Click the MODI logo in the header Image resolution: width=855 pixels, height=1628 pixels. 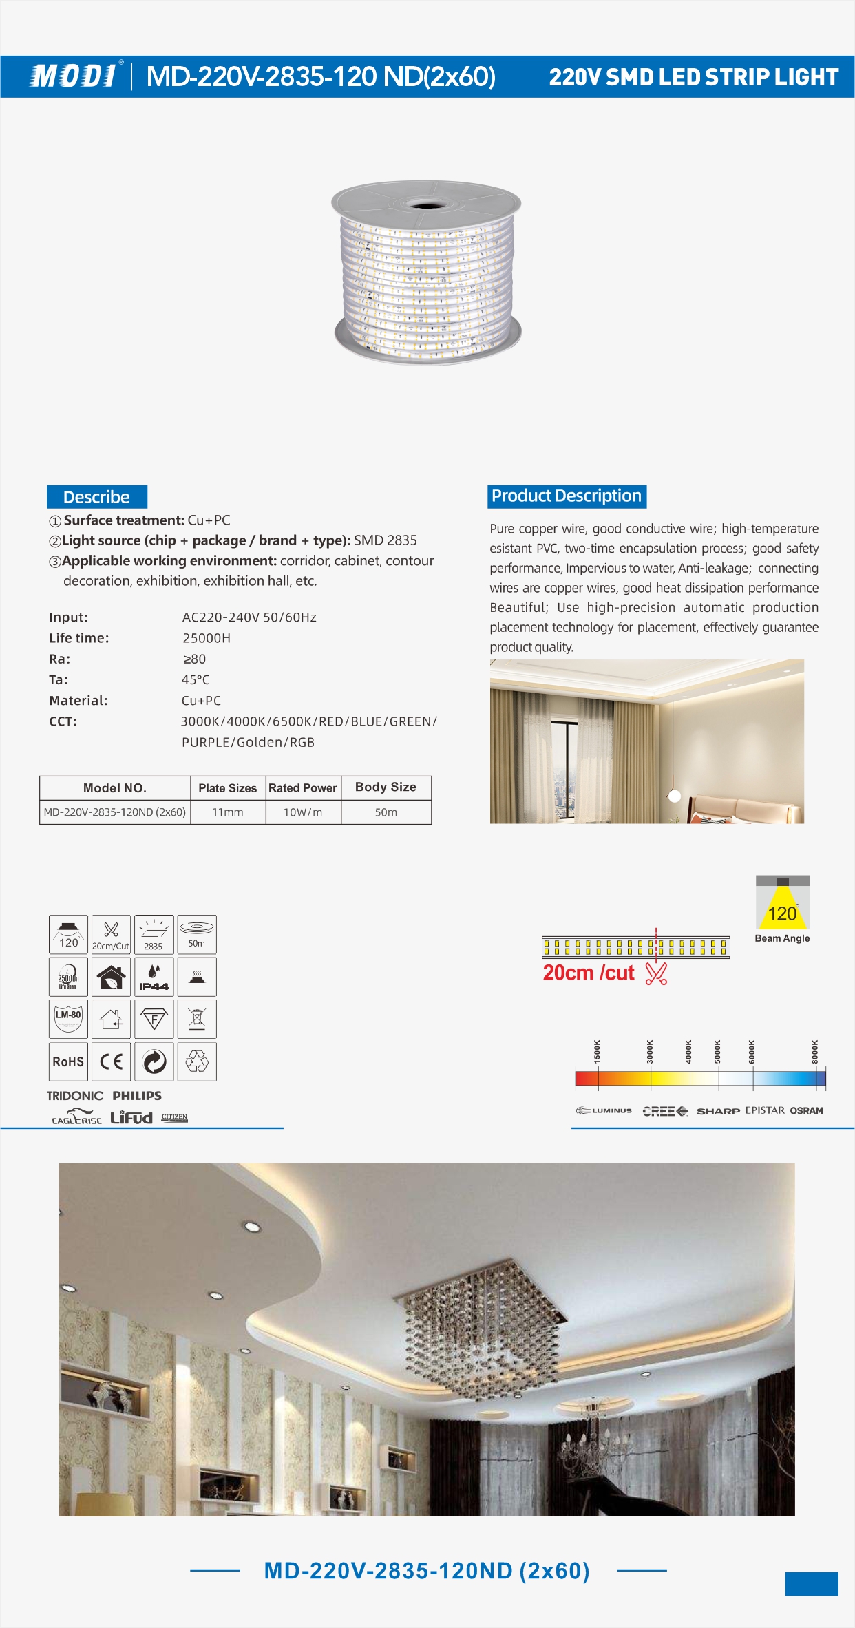point(73,76)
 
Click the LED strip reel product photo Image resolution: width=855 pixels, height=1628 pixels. point(427,273)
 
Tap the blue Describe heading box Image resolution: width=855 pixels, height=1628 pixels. point(96,497)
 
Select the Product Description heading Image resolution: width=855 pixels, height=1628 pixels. point(567,496)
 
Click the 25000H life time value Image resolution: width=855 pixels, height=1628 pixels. point(207,638)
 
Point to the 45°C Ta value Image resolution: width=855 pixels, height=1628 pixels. point(196,680)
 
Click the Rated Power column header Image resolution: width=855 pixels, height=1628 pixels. point(303,788)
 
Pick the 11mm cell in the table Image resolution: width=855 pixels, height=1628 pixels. point(228,812)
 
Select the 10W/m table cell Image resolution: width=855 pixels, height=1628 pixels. point(303,812)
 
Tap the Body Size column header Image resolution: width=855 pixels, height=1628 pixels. point(386,787)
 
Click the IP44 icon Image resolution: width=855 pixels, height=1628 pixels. point(154,977)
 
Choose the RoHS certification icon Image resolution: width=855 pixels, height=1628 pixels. point(68,1061)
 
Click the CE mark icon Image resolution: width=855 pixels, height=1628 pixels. point(111,1061)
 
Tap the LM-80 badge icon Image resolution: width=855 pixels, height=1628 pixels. point(68,1019)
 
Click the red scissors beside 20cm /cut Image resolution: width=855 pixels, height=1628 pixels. point(656,973)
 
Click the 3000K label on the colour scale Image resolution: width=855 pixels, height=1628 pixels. point(650,1052)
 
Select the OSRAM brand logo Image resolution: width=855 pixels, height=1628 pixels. point(806,1110)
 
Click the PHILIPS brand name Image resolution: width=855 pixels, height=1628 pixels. point(137,1096)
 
